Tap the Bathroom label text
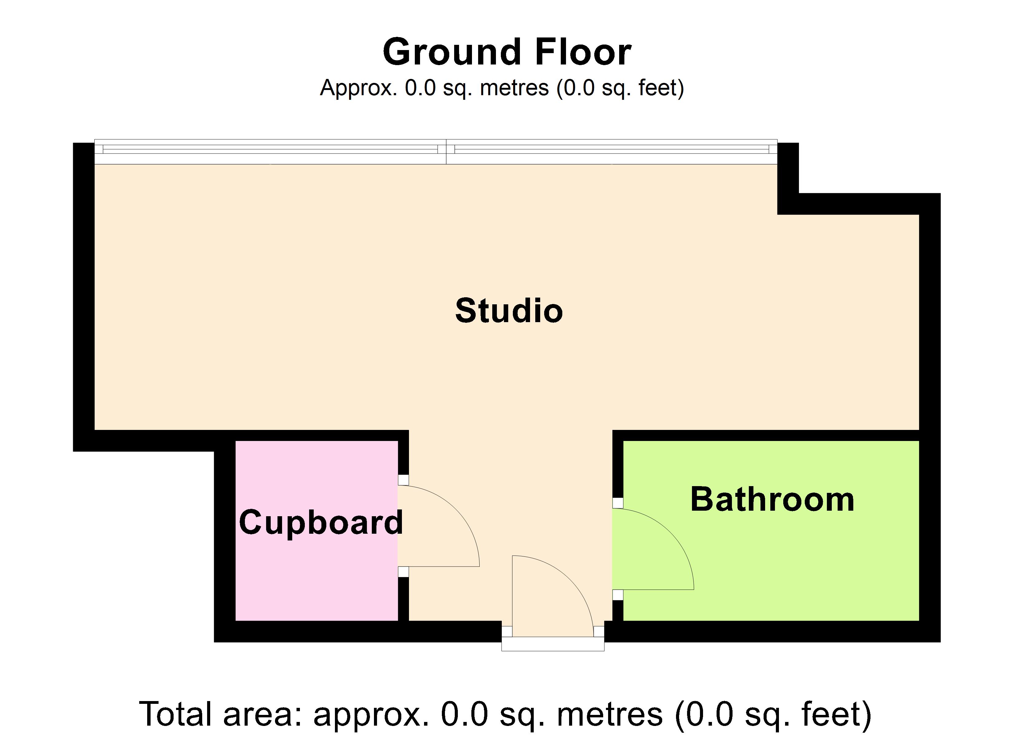[772, 499]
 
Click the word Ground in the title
[452, 52]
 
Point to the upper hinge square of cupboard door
[403, 480]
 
